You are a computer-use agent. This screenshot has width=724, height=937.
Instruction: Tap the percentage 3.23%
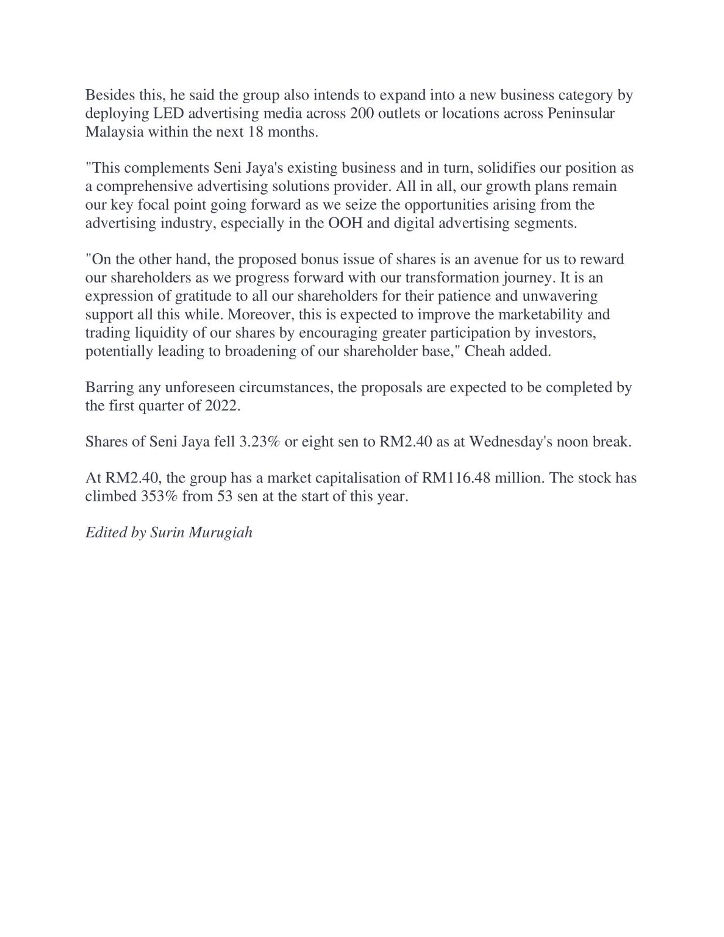click(260, 441)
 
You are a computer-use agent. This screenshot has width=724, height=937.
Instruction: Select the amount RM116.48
click(456, 478)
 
